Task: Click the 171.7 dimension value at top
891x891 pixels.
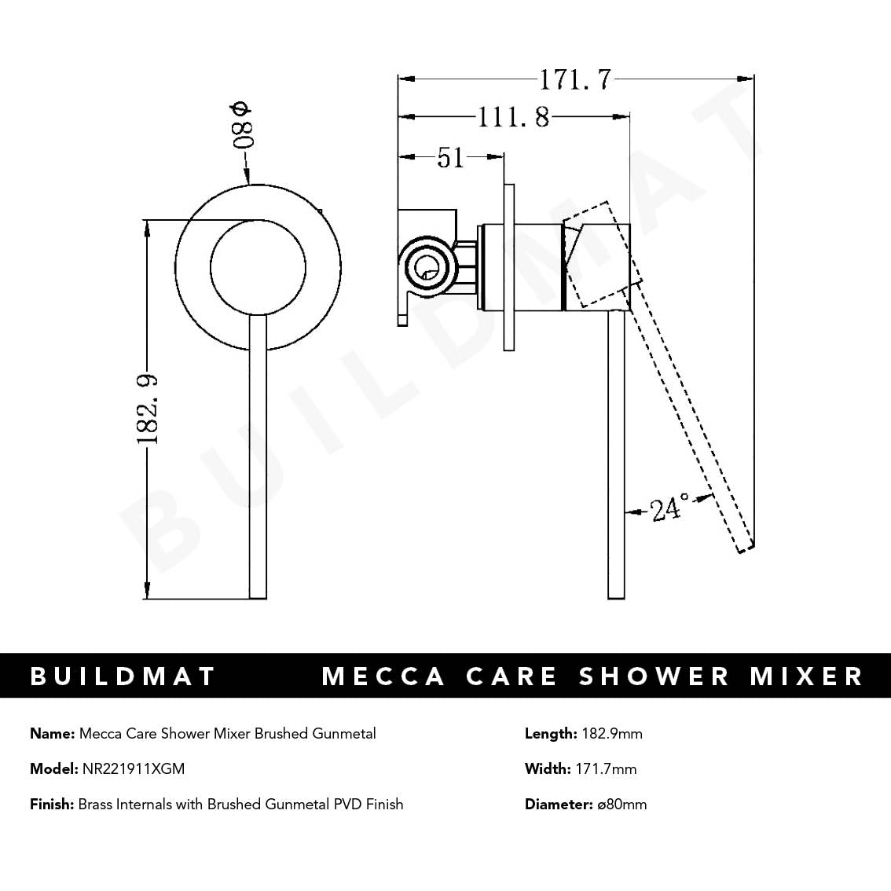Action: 574,79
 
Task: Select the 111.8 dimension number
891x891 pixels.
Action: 514,118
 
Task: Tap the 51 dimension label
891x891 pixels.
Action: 450,157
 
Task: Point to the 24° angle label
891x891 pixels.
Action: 669,509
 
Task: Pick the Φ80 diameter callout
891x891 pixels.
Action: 241,126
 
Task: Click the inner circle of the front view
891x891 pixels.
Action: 258,267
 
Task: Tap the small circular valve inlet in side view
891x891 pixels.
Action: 426,267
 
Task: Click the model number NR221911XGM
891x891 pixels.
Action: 134,768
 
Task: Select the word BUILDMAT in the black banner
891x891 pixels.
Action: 123,676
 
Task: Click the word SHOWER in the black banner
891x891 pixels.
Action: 654,676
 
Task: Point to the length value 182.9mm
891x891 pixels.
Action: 612,734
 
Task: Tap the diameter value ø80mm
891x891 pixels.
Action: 621,804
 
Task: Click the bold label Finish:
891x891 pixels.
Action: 52,804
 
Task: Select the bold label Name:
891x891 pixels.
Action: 52,734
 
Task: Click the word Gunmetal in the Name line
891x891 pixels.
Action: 344,734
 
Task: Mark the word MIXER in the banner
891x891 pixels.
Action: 806,676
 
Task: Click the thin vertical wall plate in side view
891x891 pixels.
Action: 509,267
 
